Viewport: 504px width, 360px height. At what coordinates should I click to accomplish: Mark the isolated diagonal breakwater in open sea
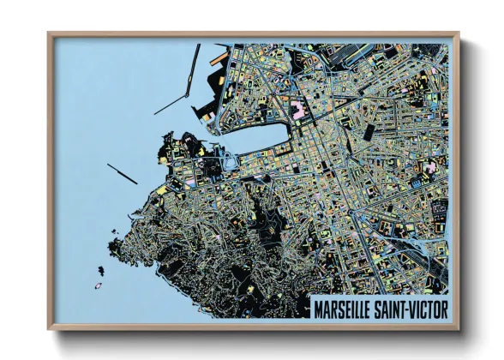[122, 172]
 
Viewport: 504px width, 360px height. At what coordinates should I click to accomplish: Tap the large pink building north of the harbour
[299, 110]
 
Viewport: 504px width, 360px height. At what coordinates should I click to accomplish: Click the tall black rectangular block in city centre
[369, 132]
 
